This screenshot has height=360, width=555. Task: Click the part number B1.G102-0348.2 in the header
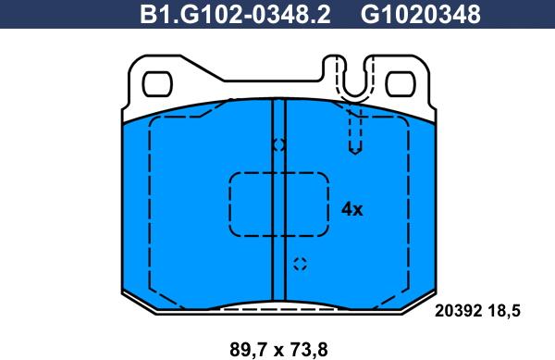(x=235, y=15)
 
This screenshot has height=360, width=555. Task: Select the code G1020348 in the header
(x=421, y=15)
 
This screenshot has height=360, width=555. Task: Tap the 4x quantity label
(x=352, y=209)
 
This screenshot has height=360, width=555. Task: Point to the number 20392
(x=459, y=311)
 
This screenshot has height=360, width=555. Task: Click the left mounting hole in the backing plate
(x=157, y=84)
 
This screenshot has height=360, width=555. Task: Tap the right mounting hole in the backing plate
(x=401, y=84)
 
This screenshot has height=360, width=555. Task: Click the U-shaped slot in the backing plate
(x=355, y=95)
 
